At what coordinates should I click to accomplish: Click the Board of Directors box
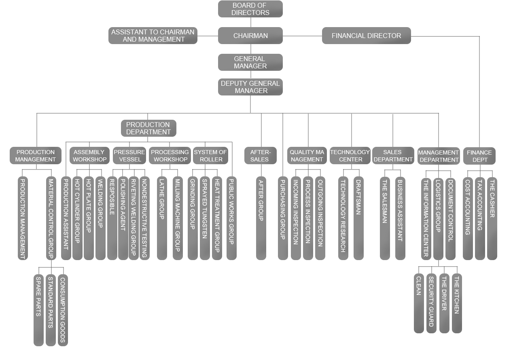pyautogui.click(x=250, y=9)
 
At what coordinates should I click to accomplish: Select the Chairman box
pyautogui.click(x=250, y=36)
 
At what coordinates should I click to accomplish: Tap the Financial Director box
pyautogui.click(x=366, y=36)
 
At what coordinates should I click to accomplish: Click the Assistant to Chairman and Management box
pyautogui.click(x=153, y=36)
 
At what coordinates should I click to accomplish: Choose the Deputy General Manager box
pyautogui.click(x=250, y=87)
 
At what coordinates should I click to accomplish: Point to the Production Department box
pyautogui.click(x=148, y=128)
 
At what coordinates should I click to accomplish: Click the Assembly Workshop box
pyautogui.click(x=89, y=156)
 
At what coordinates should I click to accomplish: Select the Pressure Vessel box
pyautogui.click(x=129, y=156)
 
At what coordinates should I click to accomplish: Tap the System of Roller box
pyautogui.click(x=210, y=156)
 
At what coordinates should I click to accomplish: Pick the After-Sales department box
pyautogui.click(x=260, y=156)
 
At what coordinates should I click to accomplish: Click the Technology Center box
pyautogui.click(x=350, y=156)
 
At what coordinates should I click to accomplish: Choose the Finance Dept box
pyautogui.click(x=479, y=156)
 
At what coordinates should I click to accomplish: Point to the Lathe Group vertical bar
pyautogui.click(x=161, y=218)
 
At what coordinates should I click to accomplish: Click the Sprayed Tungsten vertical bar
pyautogui.click(x=205, y=218)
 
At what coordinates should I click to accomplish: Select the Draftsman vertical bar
pyautogui.click(x=358, y=218)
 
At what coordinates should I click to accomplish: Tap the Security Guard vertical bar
pyautogui.click(x=431, y=303)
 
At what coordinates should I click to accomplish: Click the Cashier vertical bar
pyautogui.click(x=492, y=218)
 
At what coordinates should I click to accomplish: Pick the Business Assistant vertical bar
pyautogui.click(x=400, y=218)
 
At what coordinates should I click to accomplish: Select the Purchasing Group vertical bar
pyautogui.click(x=282, y=218)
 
